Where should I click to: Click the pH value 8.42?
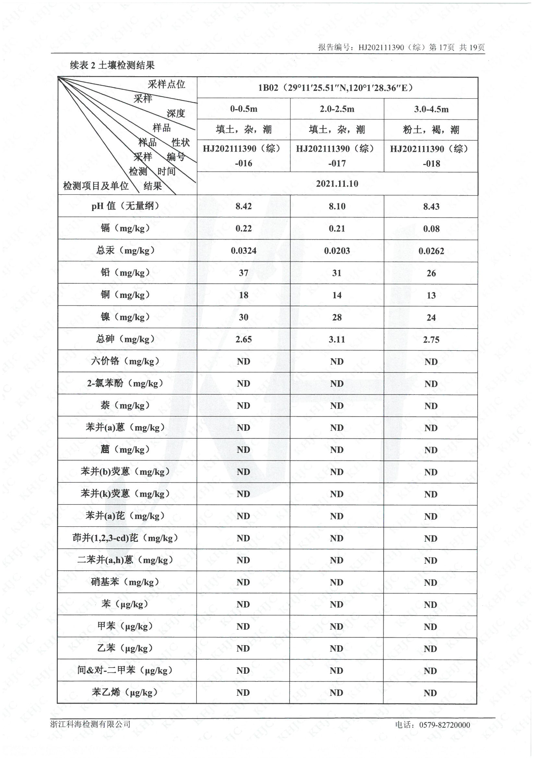pos(244,206)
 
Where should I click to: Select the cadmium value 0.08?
pos(431,229)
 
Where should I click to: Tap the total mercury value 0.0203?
pos(337,251)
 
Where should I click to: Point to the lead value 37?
pos(244,273)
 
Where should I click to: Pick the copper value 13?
pos(431,295)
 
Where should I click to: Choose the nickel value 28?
pos(337,317)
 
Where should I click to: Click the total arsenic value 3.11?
pos(337,339)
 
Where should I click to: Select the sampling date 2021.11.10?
pos(337,184)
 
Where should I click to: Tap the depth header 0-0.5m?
pos(244,109)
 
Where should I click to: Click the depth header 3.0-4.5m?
pos(431,109)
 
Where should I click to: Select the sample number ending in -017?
pos(337,156)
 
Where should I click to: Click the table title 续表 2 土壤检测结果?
pos(112,65)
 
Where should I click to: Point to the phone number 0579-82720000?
pos(444,725)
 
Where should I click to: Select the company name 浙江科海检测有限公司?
pos(90,724)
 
